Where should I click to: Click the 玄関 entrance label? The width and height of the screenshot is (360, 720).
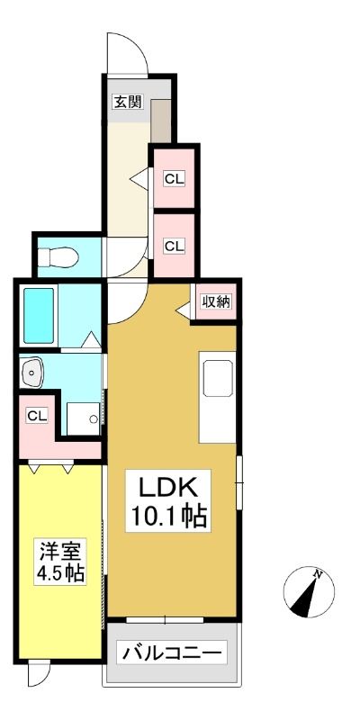[x=128, y=102]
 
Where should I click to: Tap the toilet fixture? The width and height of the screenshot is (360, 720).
[x=58, y=257]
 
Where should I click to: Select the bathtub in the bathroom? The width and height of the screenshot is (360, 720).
[x=39, y=316]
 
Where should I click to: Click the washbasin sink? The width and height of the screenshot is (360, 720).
[x=31, y=371]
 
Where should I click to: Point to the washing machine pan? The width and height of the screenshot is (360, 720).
[x=83, y=418]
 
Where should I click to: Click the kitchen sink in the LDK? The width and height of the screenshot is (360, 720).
[x=218, y=378]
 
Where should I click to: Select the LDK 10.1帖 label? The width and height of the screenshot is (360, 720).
[x=168, y=501]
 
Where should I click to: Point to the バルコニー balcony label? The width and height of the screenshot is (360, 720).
[x=172, y=652]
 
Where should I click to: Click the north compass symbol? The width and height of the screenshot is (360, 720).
[x=309, y=591]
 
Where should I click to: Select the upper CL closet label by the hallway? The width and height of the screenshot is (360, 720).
[x=175, y=179]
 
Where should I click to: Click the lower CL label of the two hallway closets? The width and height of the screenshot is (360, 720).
[x=175, y=246]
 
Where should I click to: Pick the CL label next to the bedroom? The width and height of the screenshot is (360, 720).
[x=37, y=416]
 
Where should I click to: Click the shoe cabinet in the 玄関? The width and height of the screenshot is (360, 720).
[x=161, y=121]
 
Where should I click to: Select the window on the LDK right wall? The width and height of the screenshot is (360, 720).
[x=239, y=482]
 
